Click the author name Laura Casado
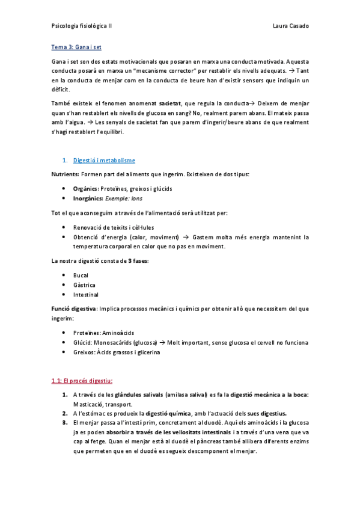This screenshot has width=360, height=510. click(x=290, y=26)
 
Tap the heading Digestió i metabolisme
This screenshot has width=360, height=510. click(x=104, y=161)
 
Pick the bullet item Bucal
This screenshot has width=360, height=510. click(x=81, y=275)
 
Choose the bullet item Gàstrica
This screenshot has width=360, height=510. click(x=84, y=285)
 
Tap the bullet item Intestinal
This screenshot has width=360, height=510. click(x=86, y=295)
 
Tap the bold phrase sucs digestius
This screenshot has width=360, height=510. click(x=265, y=414)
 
